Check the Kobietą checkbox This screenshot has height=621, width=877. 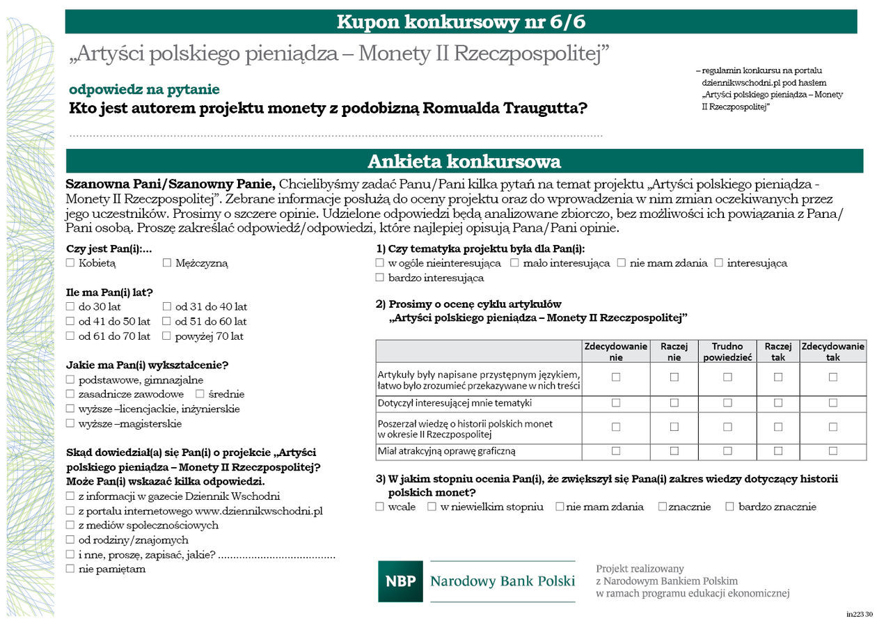coord(70,263)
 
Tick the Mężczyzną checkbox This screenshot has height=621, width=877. coord(167,263)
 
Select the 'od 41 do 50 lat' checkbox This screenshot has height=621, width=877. coord(70,322)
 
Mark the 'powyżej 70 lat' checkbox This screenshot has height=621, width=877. coord(167,336)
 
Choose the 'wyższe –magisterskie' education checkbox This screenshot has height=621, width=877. coord(70,423)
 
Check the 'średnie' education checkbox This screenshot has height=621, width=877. coord(200,394)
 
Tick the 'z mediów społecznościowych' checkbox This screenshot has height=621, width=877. coord(70,525)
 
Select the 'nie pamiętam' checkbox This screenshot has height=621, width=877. coord(70,569)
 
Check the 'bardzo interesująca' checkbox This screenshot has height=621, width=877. coord(380,278)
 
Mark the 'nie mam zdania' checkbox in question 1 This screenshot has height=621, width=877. coord(622,263)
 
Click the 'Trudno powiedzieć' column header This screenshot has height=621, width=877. coord(727,352)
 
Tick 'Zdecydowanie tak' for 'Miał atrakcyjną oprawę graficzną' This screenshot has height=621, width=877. coord(832,451)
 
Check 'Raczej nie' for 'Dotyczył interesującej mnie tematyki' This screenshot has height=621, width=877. coord(674,402)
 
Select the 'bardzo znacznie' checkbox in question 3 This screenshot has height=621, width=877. coord(729,507)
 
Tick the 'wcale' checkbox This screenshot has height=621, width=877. coord(380,507)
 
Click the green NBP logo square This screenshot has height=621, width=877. coord(400,581)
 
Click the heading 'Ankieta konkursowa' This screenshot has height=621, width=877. coord(464,162)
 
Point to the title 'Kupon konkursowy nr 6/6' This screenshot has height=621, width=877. coord(461,22)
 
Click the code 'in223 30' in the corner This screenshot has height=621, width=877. coord(859,614)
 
